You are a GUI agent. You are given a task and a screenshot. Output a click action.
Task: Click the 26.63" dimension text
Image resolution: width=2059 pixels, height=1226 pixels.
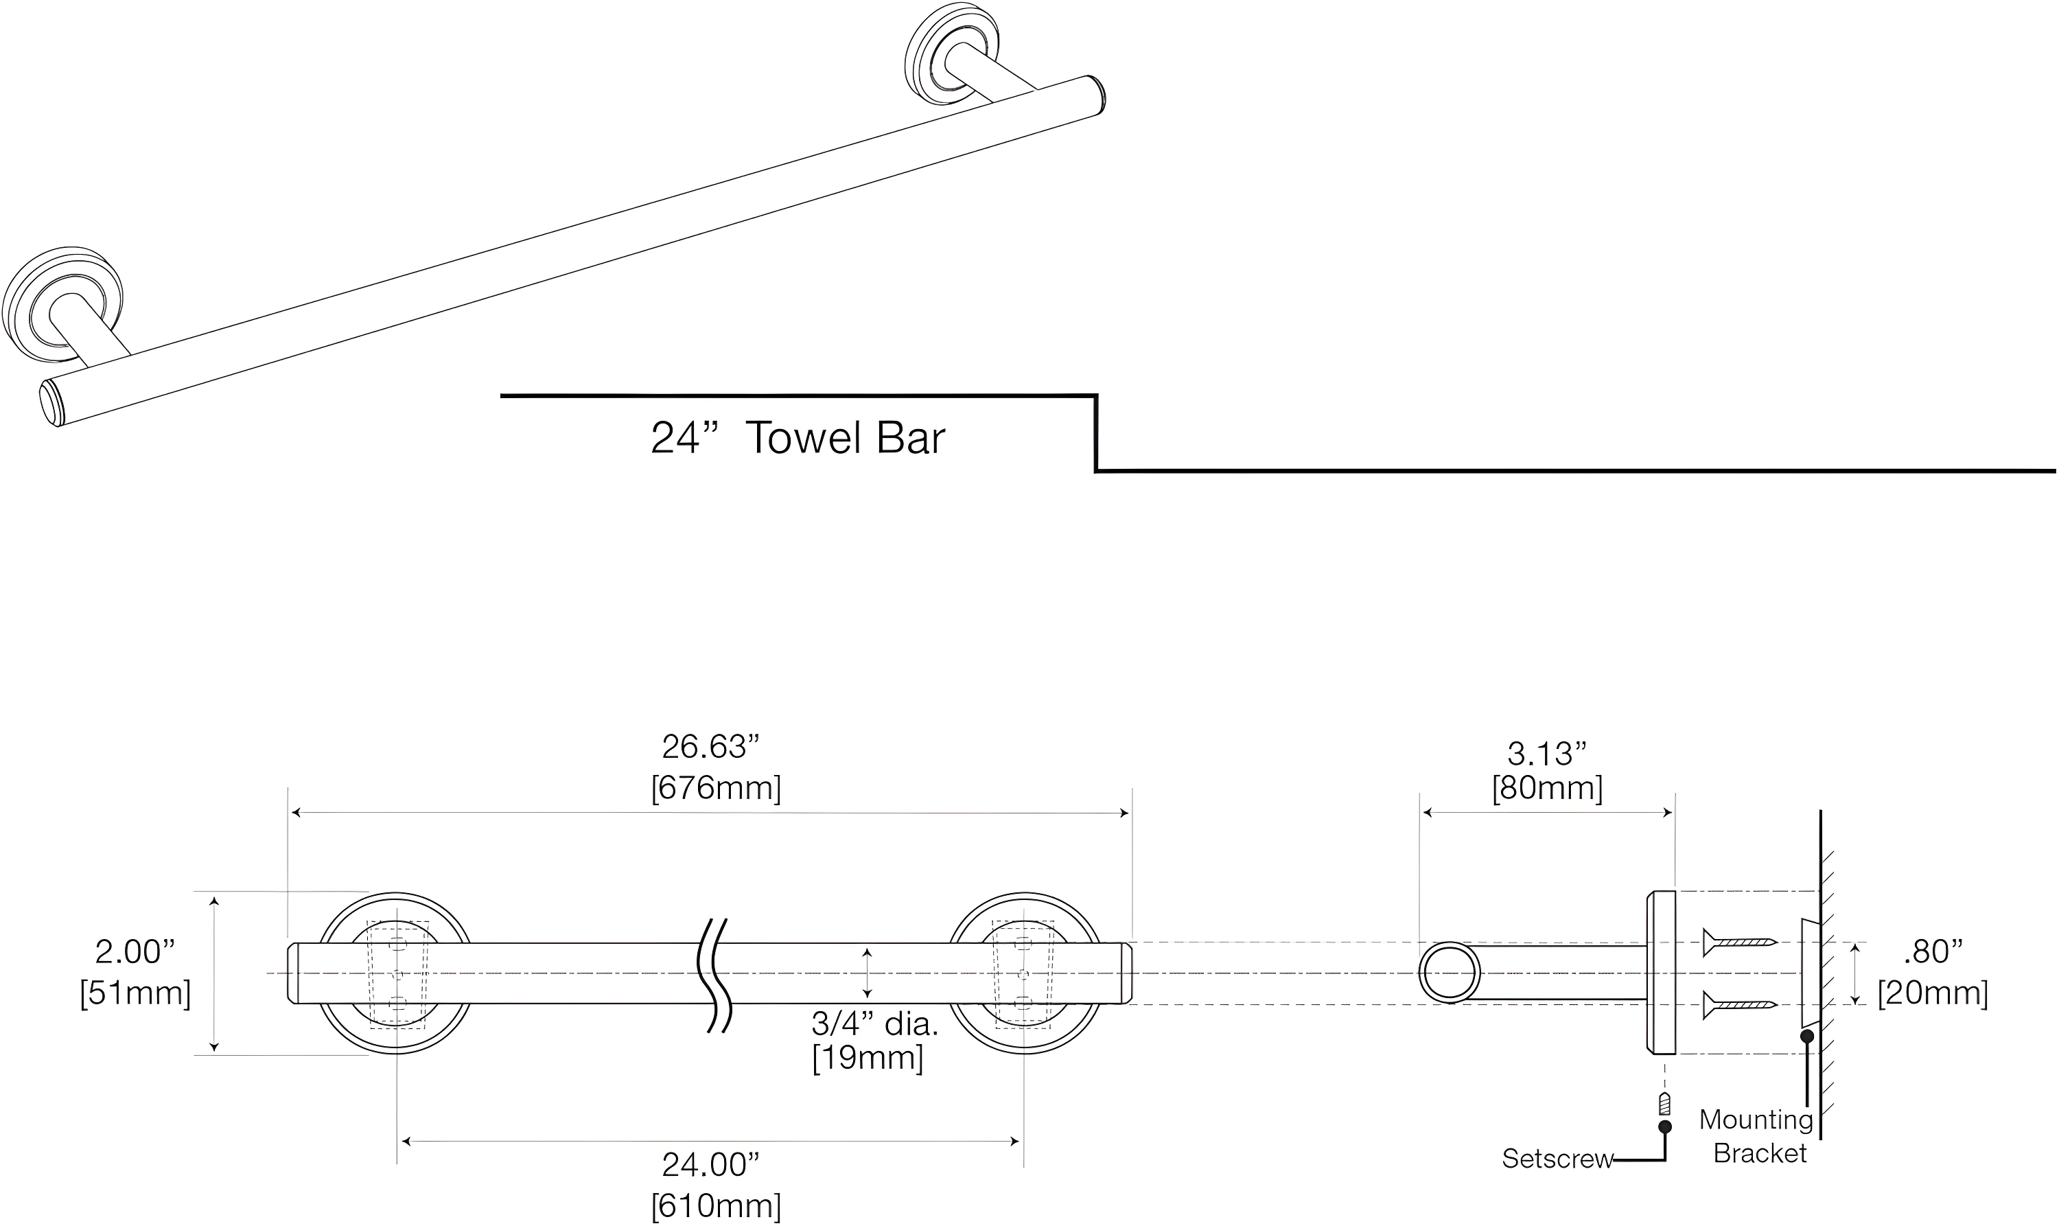pyautogui.click(x=710, y=747)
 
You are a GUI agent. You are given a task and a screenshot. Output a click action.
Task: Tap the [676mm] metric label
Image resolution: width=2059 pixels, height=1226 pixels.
pyautogui.click(x=715, y=788)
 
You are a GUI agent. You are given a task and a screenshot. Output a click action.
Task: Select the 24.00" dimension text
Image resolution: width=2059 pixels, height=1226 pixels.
pyautogui.click(x=710, y=1165)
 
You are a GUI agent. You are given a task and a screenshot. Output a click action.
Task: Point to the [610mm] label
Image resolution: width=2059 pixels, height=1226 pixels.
pyautogui.click(x=715, y=1206)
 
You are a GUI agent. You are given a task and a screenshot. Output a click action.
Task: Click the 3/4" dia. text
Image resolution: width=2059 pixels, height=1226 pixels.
pyautogui.click(x=874, y=1024)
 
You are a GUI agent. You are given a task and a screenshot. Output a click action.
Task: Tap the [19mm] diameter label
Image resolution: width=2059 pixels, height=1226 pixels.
pyautogui.click(x=868, y=1059)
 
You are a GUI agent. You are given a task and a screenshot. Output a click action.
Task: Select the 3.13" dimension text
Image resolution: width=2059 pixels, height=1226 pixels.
pyautogui.click(x=1546, y=754)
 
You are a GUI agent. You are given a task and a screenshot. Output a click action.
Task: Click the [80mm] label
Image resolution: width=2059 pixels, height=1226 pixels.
pyautogui.click(x=1546, y=788)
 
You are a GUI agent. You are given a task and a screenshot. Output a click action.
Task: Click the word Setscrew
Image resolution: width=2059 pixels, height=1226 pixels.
pyautogui.click(x=1556, y=1159)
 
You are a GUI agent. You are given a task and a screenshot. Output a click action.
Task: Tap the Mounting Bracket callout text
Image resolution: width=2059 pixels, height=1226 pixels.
pyautogui.click(x=1757, y=1136)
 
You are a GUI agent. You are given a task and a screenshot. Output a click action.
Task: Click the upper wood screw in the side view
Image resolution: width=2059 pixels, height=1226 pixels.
pyautogui.click(x=1738, y=941)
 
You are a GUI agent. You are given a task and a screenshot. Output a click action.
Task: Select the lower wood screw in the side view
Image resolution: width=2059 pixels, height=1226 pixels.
pyautogui.click(x=1738, y=1006)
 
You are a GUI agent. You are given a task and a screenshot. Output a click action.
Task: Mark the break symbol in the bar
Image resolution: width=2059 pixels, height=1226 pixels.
pyautogui.click(x=715, y=975)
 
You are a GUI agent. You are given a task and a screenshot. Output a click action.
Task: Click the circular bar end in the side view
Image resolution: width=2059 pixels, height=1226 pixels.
pyautogui.click(x=1450, y=973)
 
